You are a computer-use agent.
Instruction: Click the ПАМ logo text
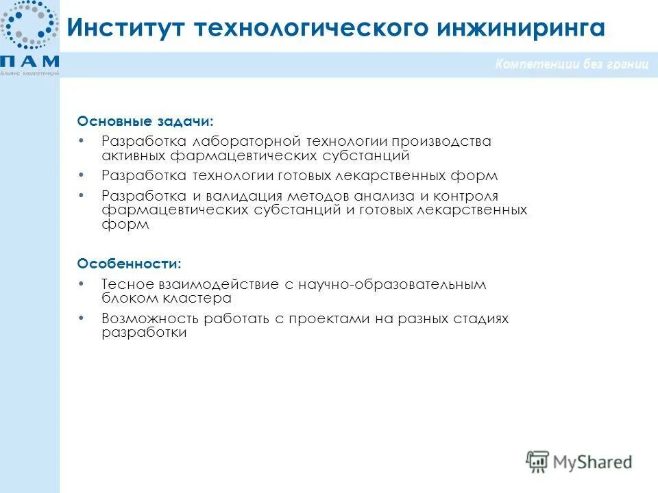click(29, 61)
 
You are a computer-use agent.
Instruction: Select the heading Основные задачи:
click(145, 121)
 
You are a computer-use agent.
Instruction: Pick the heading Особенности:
click(130, 263)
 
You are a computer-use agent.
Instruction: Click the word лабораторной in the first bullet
click(247, 141)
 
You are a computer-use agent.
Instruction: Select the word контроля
click(465, 197)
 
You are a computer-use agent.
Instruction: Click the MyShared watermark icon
click(538, 461)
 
